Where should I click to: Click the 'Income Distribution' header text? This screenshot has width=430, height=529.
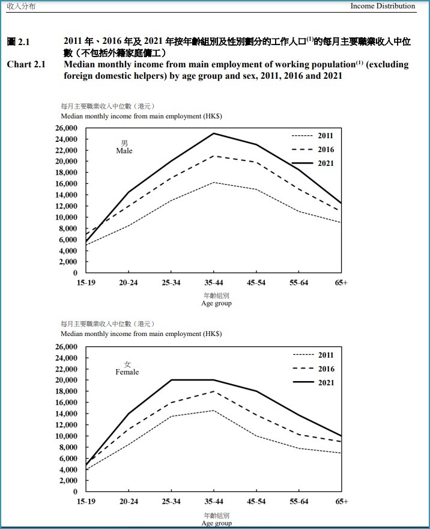[x=383, y=6]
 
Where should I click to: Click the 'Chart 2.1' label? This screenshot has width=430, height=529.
[x=26, y=64]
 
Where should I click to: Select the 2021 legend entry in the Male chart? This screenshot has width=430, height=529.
[x=312, y=164]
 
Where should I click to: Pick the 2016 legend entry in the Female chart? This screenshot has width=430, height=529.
[x=313, y=368]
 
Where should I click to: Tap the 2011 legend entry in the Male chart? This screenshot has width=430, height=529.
[x=312, y=136]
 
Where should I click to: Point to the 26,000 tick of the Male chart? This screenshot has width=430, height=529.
[x=67, y=128]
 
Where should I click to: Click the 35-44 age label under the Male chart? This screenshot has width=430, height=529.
[x=214, y=283]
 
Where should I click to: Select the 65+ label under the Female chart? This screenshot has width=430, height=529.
[x=341, y=501]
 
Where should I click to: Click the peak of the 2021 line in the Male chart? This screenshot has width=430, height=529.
[x=214, y=133]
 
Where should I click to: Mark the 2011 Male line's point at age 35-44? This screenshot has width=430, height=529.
[x=214, y=183]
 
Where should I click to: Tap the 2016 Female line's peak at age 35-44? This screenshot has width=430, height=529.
[x=214, y=391]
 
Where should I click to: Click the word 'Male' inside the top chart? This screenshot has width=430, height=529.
[x=124, y=151]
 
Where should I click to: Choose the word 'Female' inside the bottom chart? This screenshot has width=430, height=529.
[x=127, y=372]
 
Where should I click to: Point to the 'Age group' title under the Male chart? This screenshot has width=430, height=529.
[x=216, y=304]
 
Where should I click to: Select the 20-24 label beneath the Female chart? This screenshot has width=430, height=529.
[x=129, y=501]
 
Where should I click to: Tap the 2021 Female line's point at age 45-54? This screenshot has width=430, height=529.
[x=256, y=391]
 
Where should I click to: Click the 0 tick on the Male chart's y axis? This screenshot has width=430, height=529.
[x=75, y=272]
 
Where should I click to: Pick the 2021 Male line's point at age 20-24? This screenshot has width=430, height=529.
[x=129, y=192]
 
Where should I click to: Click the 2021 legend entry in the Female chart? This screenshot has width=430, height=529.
[x=313, y=382]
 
